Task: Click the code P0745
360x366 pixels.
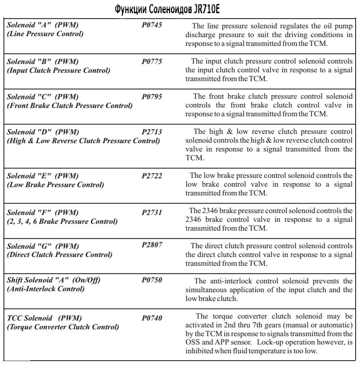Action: click(x=152, y=25)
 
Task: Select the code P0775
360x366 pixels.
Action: click(x=152, y=62)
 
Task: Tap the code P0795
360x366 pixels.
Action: click(x=152, y=97)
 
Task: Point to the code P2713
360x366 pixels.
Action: click(x=152, y=132)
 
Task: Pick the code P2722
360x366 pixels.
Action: click(x=152, y=176)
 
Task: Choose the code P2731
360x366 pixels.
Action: click(x=152, y=213)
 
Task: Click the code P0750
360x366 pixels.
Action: click(x=152, y=280)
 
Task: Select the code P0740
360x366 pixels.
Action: click(x=152, y=318)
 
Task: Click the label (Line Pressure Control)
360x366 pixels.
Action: click(x=45, y=34)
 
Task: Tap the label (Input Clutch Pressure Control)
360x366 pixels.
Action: click(x=58, y=70)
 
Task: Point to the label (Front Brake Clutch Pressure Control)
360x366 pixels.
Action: click(x=69, y=106)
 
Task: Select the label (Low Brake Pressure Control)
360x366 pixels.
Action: click(x=55, y=185)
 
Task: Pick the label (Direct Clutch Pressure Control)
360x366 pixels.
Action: click(x=60, y=255)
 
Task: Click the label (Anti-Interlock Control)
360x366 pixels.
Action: click(x=45, y=289)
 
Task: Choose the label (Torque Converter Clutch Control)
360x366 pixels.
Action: click(x=63, y=327)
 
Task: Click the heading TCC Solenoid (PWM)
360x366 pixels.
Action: click(x=44, y=318)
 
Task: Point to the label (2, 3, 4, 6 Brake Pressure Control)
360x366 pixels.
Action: click(x=62, y=221)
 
